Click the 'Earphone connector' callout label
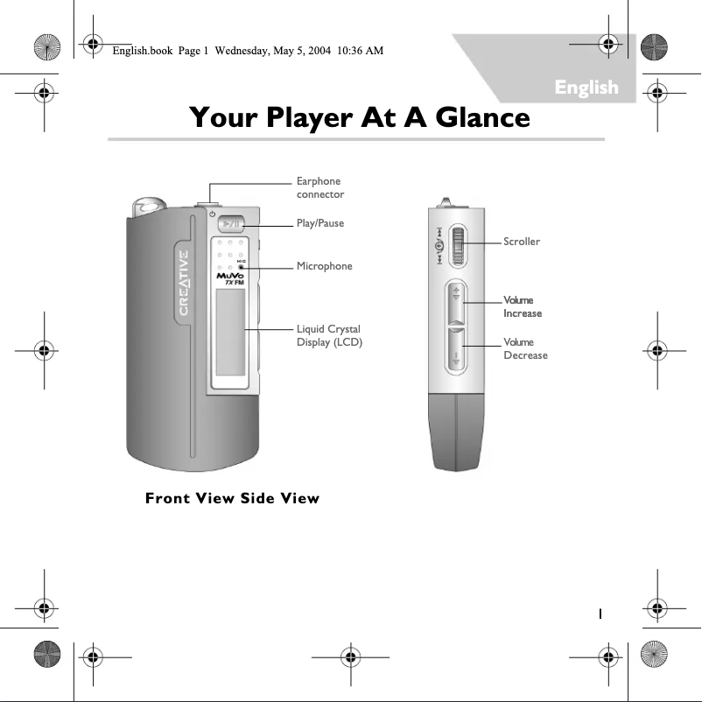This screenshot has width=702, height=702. point(319,187)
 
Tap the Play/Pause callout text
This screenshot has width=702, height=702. point(319,223)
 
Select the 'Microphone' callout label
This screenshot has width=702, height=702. point(324,265)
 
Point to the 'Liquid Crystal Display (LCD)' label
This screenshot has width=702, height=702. point(329,335)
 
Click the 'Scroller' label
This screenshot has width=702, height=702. point(522,241)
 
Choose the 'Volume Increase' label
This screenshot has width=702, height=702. point(523,306)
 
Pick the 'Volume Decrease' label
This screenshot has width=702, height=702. point(525,348)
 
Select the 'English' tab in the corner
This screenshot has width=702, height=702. point(586,87)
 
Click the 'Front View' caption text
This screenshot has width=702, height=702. point(184,499)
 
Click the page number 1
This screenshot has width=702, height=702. point(600,613)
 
